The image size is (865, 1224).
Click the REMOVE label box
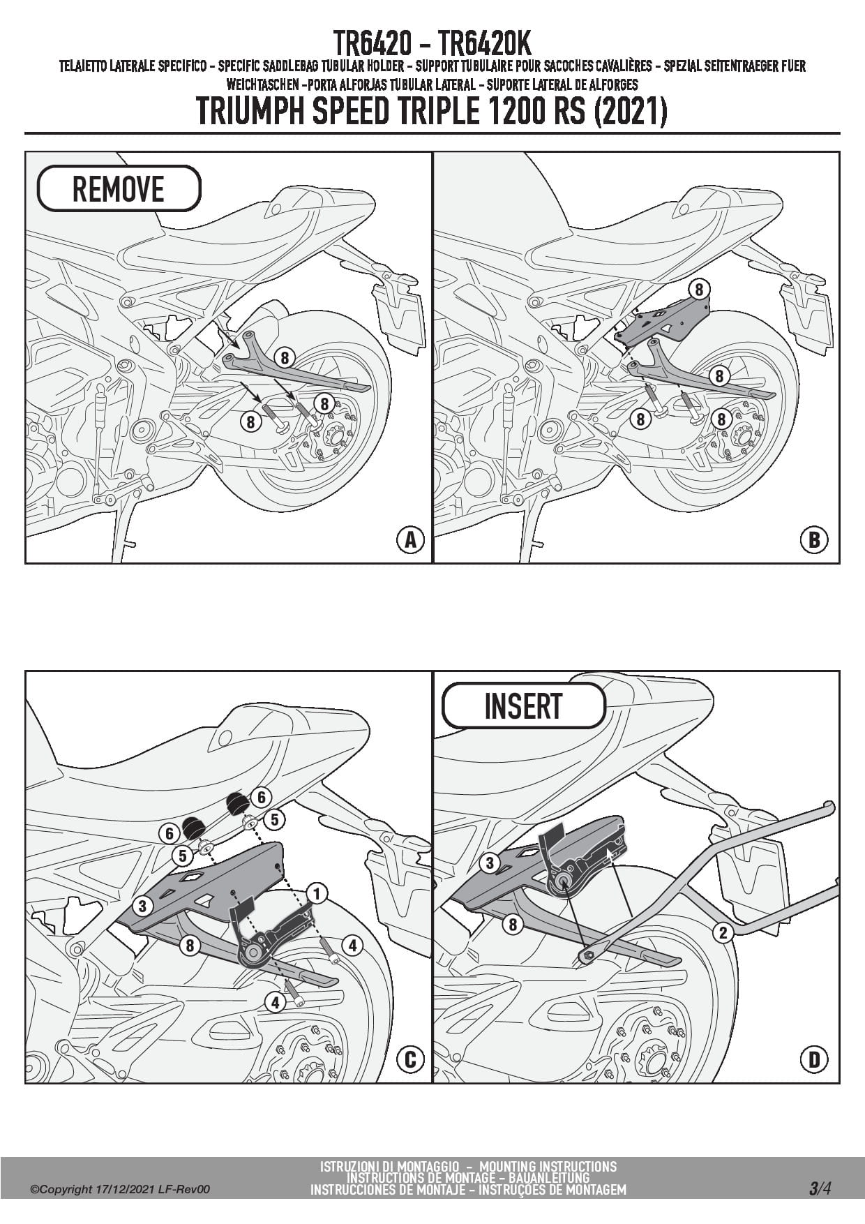(x=119, y=188)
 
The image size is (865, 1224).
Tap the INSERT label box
(x=523, y=706)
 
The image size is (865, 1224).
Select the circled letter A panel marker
(x=410, y=539)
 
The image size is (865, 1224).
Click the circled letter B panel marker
(x=813, y=539)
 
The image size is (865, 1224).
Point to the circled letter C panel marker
(x=410, y=1059)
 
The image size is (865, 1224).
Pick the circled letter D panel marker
(x=813, y=1059)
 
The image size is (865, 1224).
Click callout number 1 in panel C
(x=317, y=893)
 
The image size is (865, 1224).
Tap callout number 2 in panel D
(x=723, y=932)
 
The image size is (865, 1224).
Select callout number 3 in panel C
(x=142, y=906)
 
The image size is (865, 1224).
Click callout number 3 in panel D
(x=490, y=863)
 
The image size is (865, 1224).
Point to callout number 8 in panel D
(x=513, y=925)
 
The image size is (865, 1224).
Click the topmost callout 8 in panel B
(x=698, y=289)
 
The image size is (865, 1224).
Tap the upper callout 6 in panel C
(x=261, y=797)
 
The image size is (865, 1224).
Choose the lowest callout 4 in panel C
(x=276, y=1003)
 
